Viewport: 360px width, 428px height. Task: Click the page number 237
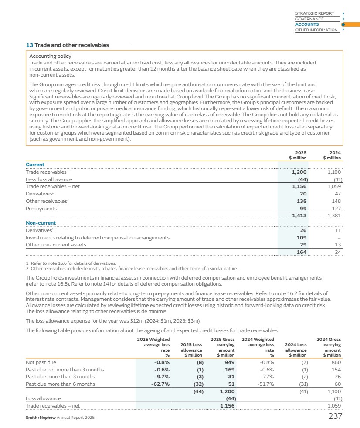pyautogui.click(x=335, y=416)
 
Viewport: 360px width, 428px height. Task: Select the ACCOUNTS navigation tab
pyautogui.click(x=307, y=24)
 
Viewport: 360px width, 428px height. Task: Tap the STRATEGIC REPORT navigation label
pyautogui.click(x=314, y=13)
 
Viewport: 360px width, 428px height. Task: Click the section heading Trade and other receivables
pyautogui.click(x=68, y=45)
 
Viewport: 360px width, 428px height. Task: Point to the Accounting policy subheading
pyautogui.click(x=50, y=56)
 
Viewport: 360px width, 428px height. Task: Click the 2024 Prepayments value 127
pyautogui.click(x=336, y=208)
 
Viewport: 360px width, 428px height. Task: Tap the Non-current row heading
pyautogui.click(x=41, y=223)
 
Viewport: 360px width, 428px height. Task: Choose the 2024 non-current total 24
pyautogui.click(x=338, y=252)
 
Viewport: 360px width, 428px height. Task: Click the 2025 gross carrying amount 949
pyautogui.click(x=230, y=362)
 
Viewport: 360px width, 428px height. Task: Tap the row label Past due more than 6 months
pyautogui.click(x=60, y=384)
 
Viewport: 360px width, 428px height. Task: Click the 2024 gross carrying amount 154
pyautogui.click(x=336, y=369)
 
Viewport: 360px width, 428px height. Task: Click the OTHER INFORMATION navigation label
pyautogui.click(x=316, y=30)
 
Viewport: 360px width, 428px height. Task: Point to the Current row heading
pyautogui.click(x=35, y=165)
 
